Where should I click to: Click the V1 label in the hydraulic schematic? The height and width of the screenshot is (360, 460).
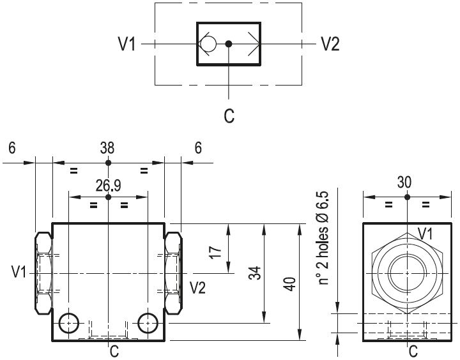click(126, 44)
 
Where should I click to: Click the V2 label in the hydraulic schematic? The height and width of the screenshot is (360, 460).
click(330, 44)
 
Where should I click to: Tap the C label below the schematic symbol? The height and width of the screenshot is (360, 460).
click(229, 116)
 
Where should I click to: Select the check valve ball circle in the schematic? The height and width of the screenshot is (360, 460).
click(208, 44)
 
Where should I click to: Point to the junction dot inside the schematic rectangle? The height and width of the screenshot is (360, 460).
click(229, 44)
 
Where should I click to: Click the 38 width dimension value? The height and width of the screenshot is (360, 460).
click(107, 148)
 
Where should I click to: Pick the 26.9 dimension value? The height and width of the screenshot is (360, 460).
click(108, 186)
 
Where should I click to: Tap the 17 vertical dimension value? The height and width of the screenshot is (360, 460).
click(215, 252)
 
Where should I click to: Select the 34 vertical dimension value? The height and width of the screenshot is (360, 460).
click(255, 273)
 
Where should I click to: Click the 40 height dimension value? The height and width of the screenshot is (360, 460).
click(290, 283)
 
